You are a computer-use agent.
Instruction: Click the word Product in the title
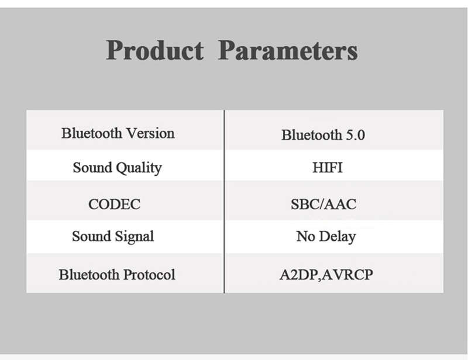click(155, 50)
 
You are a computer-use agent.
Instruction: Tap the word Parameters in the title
click(288, 50)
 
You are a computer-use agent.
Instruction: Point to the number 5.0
click(355, 135)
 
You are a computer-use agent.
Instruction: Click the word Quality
click(139, 168)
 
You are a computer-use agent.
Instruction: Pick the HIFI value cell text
click(328, 167)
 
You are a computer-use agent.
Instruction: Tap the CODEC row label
click(114, 205)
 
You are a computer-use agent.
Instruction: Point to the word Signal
click(135, 237)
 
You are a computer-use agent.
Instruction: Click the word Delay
click(338, 237)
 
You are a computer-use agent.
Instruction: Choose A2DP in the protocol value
click(298, 275)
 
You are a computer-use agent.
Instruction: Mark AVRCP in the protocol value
click(347, 275)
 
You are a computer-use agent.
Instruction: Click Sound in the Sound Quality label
click(92, 167)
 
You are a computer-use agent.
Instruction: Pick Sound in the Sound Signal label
click(92, 236)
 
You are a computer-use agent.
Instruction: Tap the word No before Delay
click(305, 236)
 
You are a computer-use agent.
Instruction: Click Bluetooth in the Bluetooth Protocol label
click(89, 275)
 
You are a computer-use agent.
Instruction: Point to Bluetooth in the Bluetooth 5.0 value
click(312, 135)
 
